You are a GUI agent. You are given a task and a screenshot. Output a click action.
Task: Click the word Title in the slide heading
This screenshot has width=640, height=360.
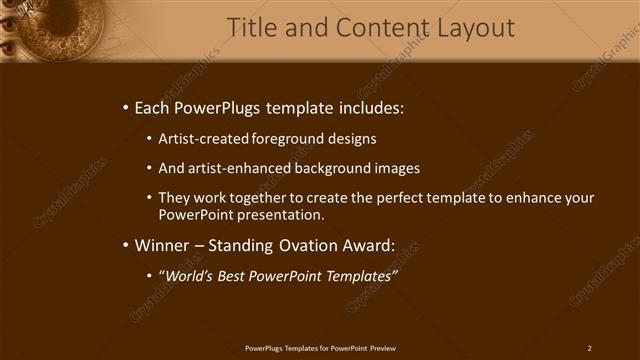[252, 28]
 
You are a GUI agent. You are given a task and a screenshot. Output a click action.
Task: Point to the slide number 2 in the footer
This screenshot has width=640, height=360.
[589, 348]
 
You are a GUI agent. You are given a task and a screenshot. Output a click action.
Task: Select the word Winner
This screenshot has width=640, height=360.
[163, 244]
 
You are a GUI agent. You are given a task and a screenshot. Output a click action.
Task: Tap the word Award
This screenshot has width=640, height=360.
[379, 244]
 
